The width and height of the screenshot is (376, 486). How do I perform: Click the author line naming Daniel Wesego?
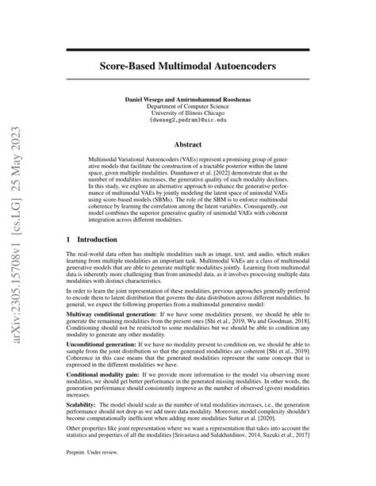coord(188,98)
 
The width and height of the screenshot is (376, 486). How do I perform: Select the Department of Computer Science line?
coord(188,105)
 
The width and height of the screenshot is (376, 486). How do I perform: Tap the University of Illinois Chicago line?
coord(188,113)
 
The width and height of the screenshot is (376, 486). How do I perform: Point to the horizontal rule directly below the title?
coord(188,78)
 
